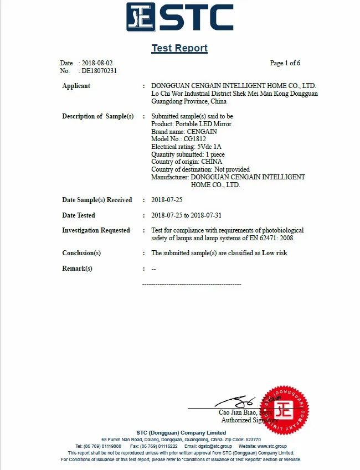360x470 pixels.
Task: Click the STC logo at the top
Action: coord(179,18)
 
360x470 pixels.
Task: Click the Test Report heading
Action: coord(179,48)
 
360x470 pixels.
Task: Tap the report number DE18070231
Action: coord(99,71)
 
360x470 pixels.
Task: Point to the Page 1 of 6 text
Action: coord(285,63)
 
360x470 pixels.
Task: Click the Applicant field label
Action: coord(76,86)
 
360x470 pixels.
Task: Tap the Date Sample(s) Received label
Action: coord(97,200)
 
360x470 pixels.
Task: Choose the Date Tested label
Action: coord(78,215)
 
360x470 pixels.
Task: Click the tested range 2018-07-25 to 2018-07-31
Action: coord(186,215)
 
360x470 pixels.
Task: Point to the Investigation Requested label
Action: coord(96,230)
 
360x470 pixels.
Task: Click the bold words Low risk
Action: coord(275,253)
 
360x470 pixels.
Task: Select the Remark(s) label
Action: coord(77,268)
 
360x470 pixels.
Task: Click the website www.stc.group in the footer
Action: coord(271,446)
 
